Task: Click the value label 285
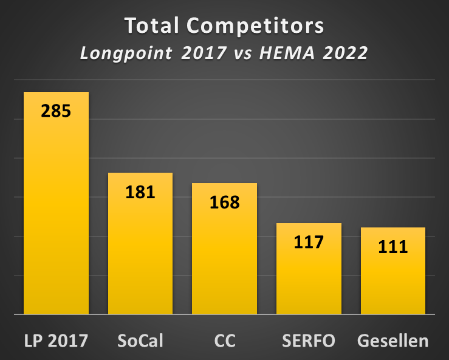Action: pos(56,111)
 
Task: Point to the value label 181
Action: pos(140,192)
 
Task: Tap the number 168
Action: pos(224,202)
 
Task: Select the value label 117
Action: pos(309,242)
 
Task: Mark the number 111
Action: pos(392,247)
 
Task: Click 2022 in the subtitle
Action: pos(344,53)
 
